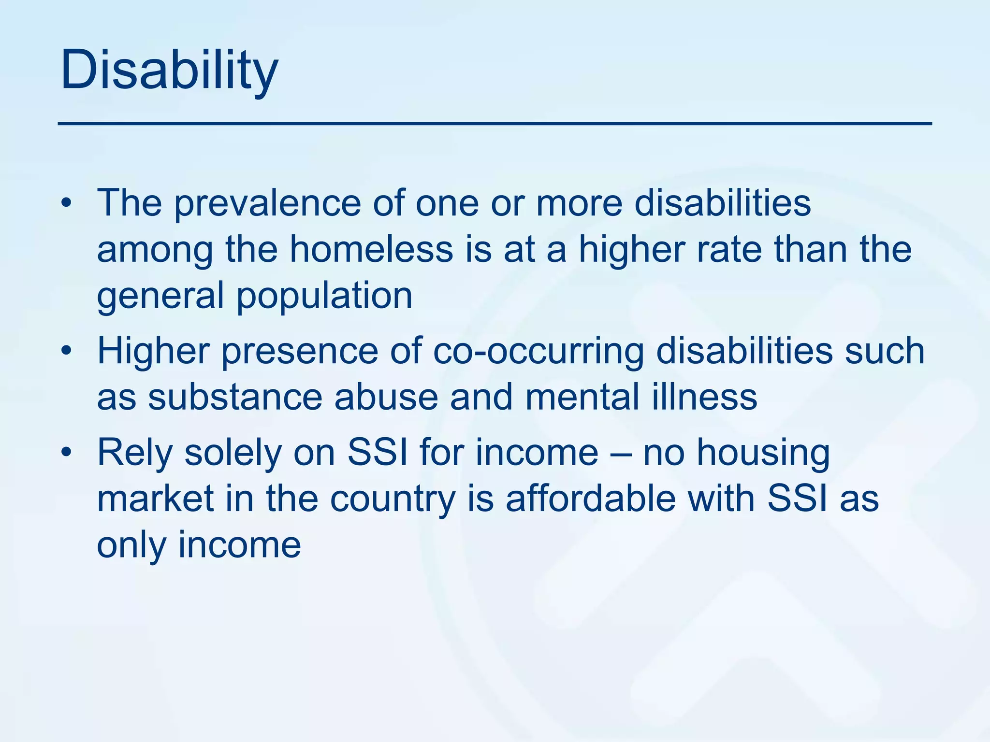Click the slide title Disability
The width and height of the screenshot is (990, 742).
(169, 71)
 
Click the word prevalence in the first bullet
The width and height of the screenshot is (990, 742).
(267, 203)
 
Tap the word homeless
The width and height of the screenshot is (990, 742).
(371, 249)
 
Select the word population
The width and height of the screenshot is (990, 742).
(324, 296)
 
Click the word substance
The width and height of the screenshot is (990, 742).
(235, 398)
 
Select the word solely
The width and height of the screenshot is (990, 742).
(233, 454)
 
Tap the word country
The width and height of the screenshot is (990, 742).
(393, 499)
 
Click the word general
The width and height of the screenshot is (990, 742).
(160, 296)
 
